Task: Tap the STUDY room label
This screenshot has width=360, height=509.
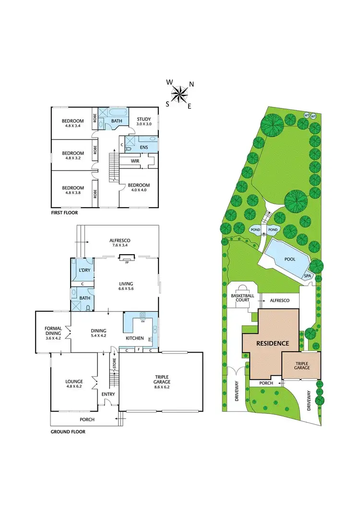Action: [x=144, y=119]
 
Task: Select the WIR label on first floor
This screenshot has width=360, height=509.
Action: [x=135, y=161]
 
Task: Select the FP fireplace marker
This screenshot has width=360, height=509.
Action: [x=127, y=262]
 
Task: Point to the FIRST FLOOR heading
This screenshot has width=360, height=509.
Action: [x=64, y=212]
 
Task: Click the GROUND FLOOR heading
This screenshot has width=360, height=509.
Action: [x=68, y=432]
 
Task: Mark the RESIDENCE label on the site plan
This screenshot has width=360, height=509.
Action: [x=272, y=343]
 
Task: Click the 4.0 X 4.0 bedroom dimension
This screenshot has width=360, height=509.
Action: [x=138, y=189]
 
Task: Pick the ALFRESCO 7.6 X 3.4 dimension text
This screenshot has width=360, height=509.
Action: [x=120, y=245]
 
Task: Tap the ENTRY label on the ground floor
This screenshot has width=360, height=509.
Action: [x=108, y=394]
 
